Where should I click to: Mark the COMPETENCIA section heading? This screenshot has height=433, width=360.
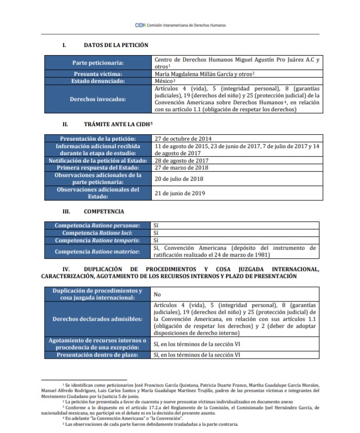[104, 212]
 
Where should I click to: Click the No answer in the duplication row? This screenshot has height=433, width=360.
[158, 295]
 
